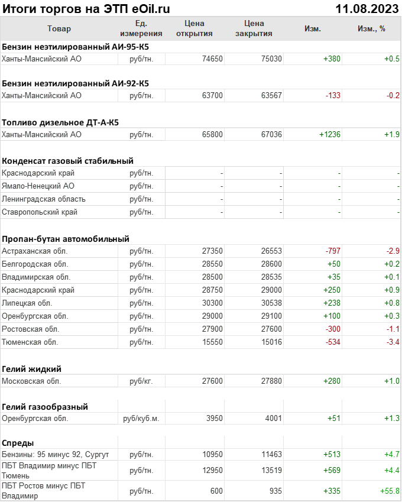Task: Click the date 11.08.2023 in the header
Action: [367, 8]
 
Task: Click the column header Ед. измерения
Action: [141, 28]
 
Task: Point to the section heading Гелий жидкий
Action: [31, 368]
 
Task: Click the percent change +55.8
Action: [390, 491]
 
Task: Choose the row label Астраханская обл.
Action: [34, 251]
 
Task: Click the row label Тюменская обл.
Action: [30, 342]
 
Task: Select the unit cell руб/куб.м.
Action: [141, 418]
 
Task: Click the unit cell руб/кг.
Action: [141, 381]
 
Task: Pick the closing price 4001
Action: [273, 418]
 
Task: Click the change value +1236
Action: [330, 134]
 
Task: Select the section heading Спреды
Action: [18, 442]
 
